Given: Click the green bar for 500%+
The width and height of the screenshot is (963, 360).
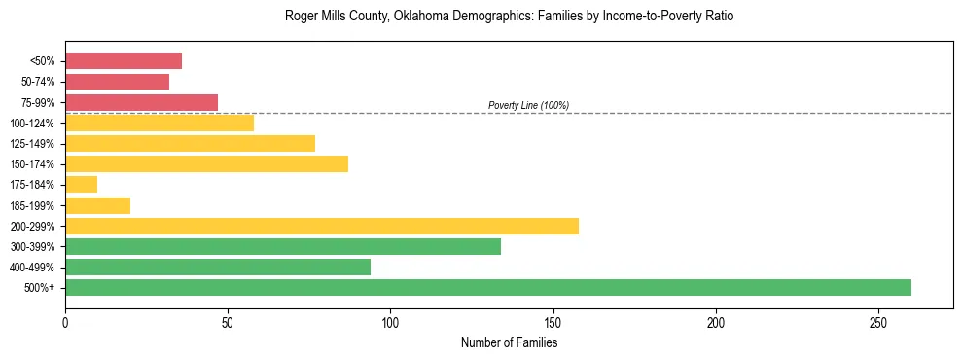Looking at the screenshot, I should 487,288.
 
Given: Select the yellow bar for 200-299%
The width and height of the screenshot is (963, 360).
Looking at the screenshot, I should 321,226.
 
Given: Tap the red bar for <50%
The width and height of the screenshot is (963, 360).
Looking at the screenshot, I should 124,61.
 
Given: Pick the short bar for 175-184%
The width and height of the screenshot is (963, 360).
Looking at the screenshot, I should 81,185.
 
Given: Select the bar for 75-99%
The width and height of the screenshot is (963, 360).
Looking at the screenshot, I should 141,102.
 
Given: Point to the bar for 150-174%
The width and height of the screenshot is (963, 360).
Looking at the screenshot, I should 206,164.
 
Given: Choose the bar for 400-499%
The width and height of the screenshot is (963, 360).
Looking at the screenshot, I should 218,268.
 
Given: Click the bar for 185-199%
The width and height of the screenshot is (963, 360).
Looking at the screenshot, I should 97,205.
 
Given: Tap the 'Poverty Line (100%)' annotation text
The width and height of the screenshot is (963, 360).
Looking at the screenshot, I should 528,105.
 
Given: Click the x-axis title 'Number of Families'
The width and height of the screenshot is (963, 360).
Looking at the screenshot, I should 509,342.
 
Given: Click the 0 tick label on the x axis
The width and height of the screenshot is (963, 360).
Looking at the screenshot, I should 65,322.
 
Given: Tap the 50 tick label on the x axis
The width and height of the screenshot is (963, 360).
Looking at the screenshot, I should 228,322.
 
